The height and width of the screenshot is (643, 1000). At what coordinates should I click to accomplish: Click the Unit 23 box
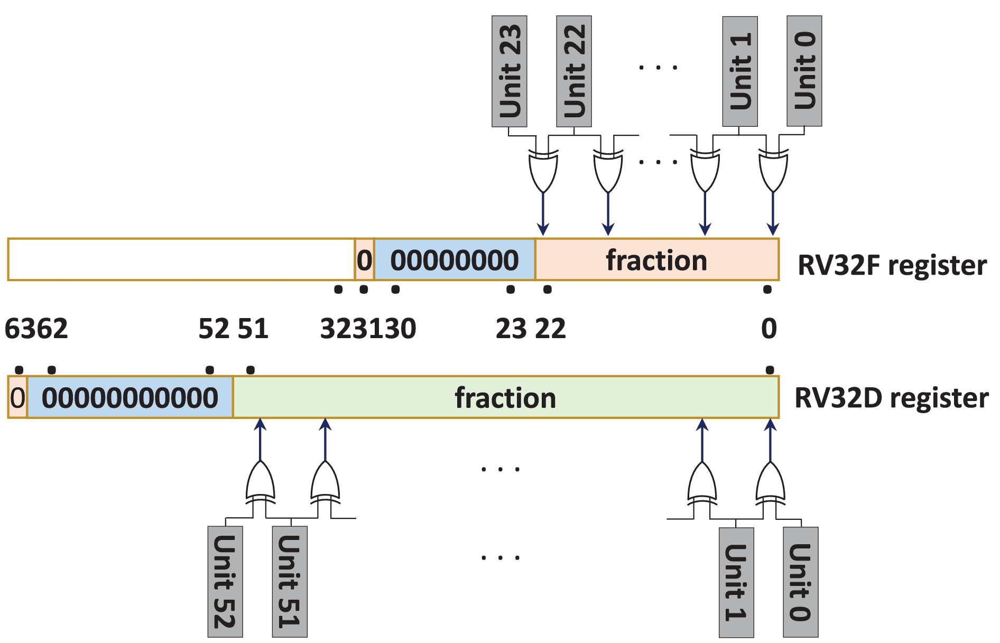click(x=509, y=71)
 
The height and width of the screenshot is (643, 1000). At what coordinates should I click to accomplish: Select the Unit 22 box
click(x=573, y=71)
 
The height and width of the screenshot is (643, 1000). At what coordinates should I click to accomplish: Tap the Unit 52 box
click(x=225, y=581)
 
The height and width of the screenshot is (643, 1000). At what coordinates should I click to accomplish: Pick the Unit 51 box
click(x=290, y=581)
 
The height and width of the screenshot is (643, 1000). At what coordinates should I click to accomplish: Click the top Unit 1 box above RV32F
click(x=740, y=71)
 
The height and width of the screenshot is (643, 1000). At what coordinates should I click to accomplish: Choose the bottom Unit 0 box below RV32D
click(x=801, y=582)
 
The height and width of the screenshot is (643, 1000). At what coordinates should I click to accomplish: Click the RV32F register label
click(x=892, y=265)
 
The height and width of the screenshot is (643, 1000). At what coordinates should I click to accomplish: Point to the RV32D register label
click(x=891, y=398)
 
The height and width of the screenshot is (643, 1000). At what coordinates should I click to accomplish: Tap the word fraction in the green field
click(x=505, y=398)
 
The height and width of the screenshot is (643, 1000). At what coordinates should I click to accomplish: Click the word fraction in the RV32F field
click(x=656, y=260)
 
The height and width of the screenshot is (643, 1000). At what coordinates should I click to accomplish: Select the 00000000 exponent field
click(x=455, y=260)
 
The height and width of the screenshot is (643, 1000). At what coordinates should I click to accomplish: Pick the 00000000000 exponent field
click(x=130, y=398)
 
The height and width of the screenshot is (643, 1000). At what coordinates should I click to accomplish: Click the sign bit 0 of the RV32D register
click(x=17, y=398)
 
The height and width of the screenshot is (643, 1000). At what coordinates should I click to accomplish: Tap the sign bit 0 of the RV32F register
click(x=364, y=260)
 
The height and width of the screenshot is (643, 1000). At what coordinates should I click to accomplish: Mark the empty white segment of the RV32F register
click(x=181, y=259)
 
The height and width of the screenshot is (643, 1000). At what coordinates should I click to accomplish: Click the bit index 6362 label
click(x=36, y=329)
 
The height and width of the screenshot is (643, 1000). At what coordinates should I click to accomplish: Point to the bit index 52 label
click(x=214, y=329)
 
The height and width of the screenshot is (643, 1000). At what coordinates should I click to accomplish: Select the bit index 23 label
click(x=511, y=329)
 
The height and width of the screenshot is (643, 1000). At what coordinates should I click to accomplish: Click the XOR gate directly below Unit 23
click(x=543, y=170)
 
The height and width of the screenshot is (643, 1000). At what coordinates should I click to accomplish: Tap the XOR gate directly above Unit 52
click(x=260, y=482)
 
